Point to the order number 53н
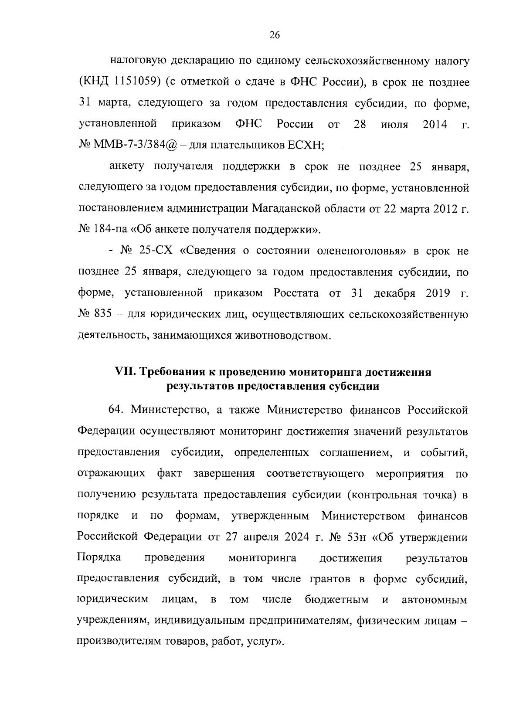point(355,537)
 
